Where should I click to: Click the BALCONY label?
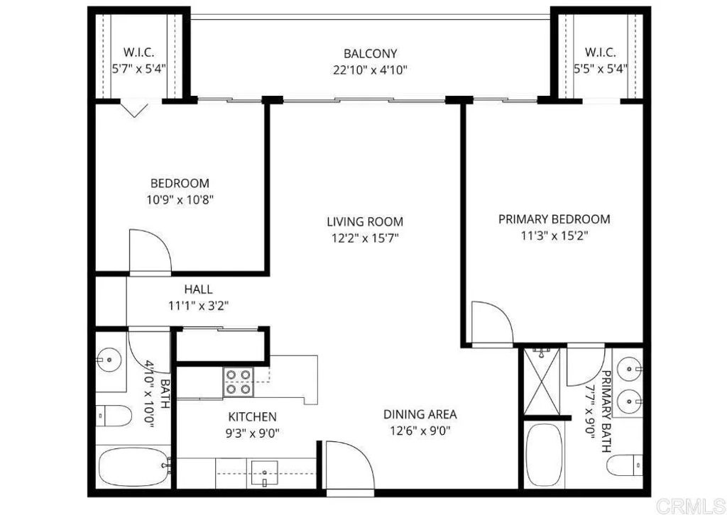point(370,53)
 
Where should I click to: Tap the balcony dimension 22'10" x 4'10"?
point(370,70)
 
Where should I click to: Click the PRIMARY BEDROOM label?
point(554,219)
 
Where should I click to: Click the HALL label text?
point(198,289)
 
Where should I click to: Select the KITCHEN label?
point(252,416)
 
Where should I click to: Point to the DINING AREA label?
point(420,414)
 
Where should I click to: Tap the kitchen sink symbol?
point(266,473)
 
